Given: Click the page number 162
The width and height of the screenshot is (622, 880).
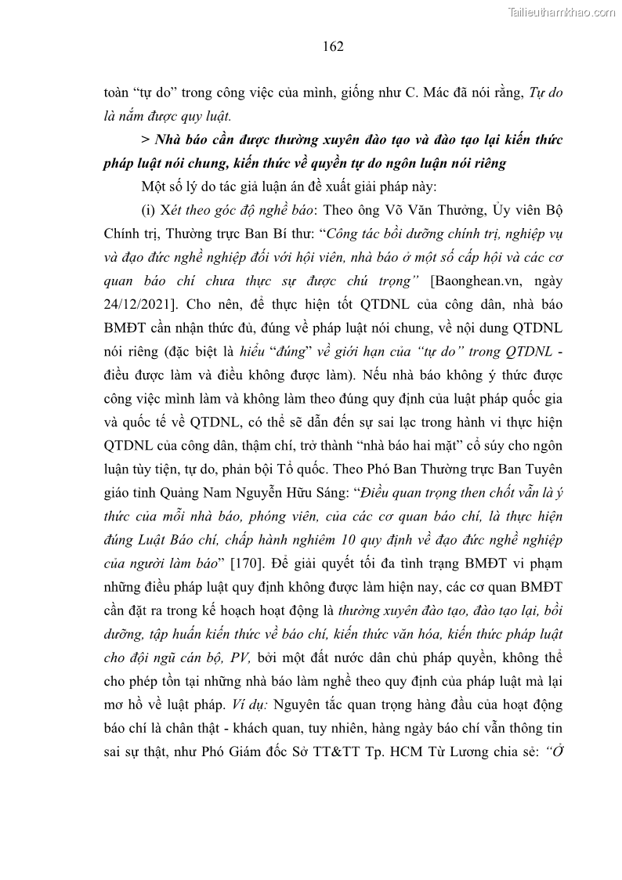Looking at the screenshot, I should click(333, 46).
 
